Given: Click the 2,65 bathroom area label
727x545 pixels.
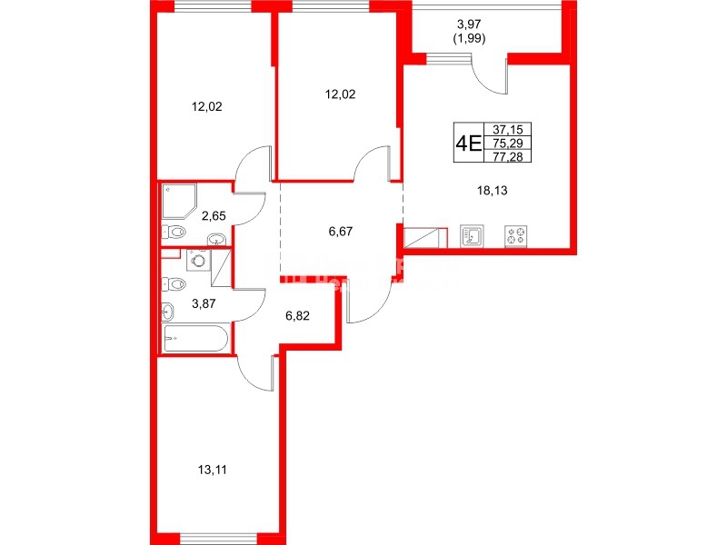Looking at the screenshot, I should pyautogui.click(x=214, y=215).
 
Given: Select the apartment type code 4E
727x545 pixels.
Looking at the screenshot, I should pyautogui.click(x=468, y=144).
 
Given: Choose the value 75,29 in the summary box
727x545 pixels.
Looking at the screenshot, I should pyautogui.click(x=509, y=144).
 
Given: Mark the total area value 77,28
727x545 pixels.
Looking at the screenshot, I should pyautogui.click(x=509, y=156).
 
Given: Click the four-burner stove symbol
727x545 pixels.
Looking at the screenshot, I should pyautogui.click(x=518, y=236).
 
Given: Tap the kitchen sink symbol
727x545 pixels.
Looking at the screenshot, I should pyautogui.click(x=473, y=236).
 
